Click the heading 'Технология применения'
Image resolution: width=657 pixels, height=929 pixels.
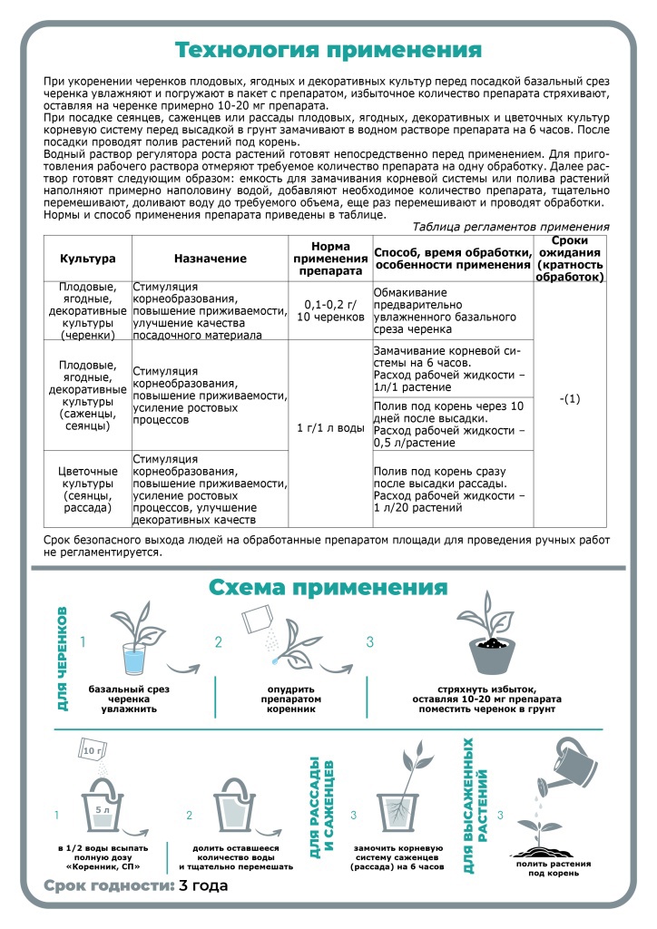(328, 48)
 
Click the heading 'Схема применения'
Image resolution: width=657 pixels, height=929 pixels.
(328, 586)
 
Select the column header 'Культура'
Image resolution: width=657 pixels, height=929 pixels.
(88, 259)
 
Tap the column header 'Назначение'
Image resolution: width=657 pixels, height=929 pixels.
(211, 259)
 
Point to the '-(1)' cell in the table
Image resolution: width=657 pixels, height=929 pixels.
(570, 398)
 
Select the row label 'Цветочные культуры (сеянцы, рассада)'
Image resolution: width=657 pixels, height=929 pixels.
(88, 490)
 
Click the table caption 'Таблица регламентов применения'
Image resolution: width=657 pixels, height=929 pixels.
(511, 227)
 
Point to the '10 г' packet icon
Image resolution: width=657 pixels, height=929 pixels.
(93, 752)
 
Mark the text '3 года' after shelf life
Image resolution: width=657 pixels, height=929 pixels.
(203, 885)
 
